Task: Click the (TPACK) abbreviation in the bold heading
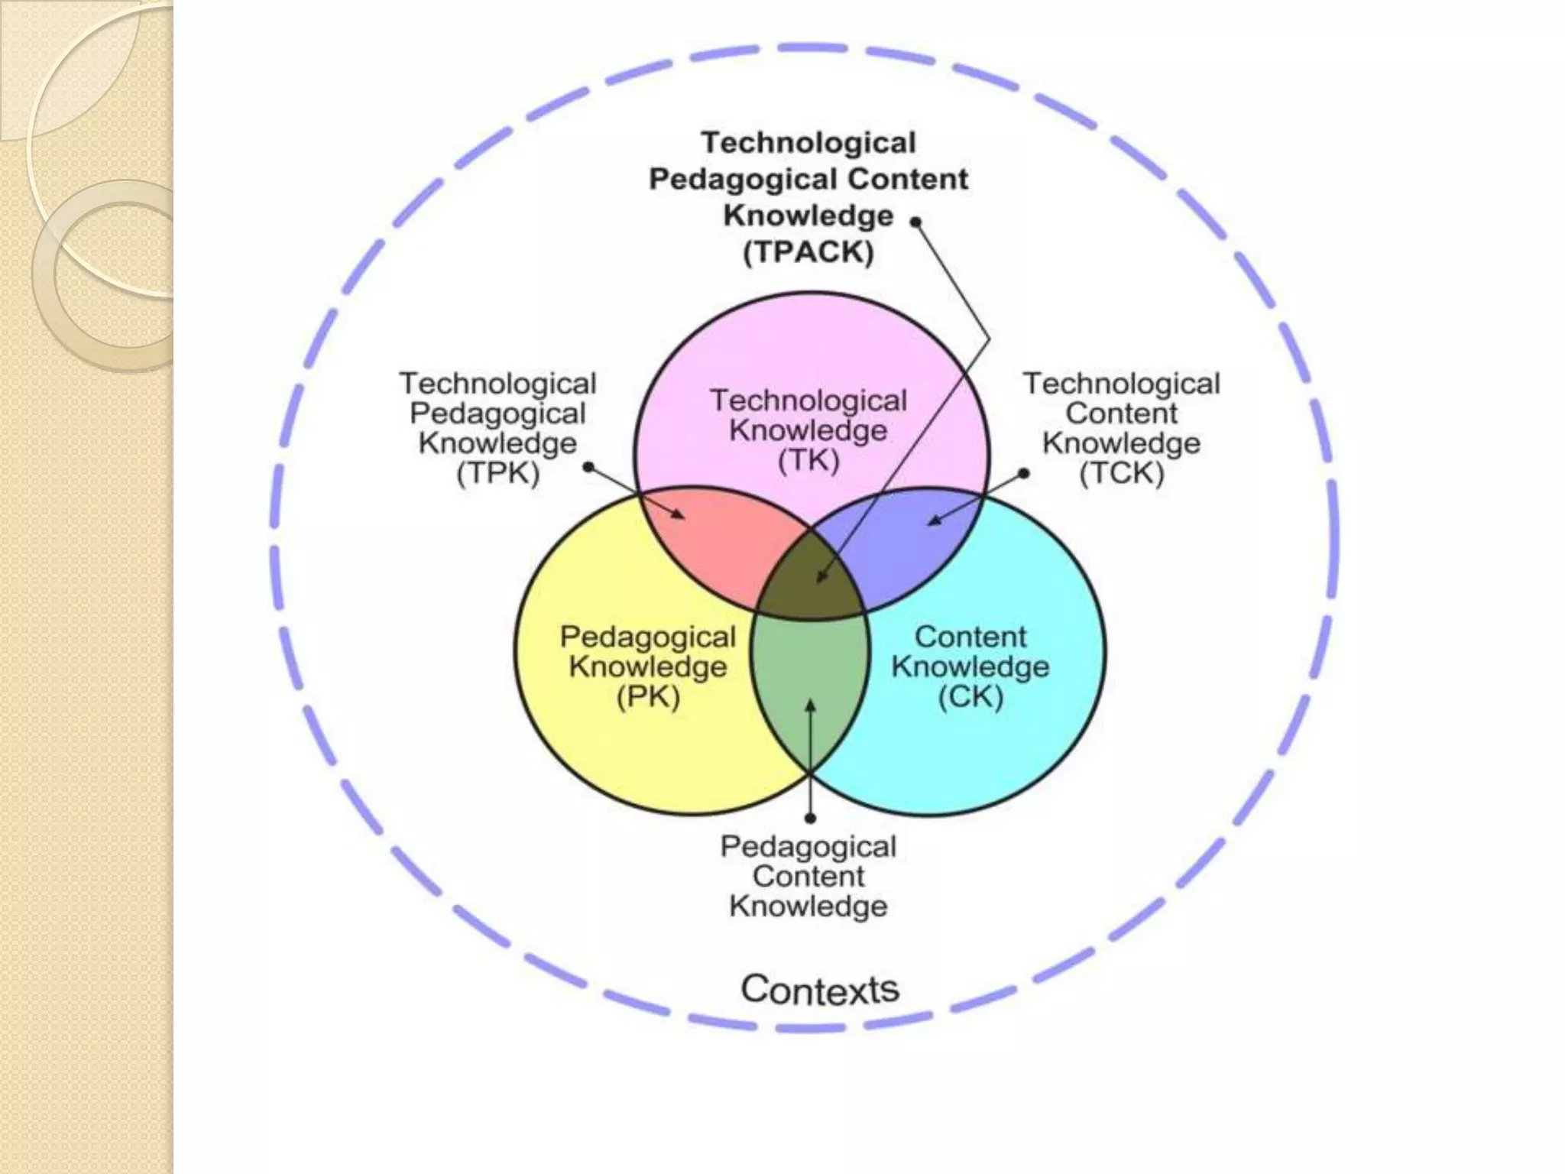(x=808, y=252)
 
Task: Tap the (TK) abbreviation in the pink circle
(x=808, y=461)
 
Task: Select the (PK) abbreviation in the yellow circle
(x=648, y=697)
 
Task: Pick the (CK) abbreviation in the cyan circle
(x=970, y=697)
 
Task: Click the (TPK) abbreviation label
(x=498, y=474)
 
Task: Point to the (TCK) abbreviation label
(x=1121, y=474)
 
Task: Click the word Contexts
(x=820, y=989)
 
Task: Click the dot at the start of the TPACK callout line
(x=915, y=222)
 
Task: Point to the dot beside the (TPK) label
(x=588, y=467)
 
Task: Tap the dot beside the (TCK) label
(x=1024, y=473)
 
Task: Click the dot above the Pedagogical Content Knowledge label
(x=811, y=819)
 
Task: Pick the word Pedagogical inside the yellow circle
(x=648, y=637)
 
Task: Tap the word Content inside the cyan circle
(x=970, y=637)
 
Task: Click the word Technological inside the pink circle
(x=808, y=401)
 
